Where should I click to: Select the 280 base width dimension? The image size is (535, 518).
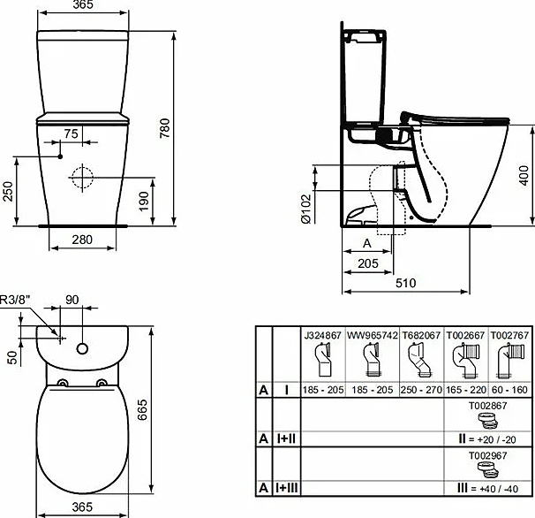(82, 240)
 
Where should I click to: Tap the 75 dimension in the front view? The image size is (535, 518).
(72, 133)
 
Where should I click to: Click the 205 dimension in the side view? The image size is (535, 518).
(369, 263)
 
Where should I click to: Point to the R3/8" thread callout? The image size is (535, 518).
(16, 299)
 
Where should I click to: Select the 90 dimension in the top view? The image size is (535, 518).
(72, 299)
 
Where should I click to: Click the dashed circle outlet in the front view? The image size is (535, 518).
(81, 179)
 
